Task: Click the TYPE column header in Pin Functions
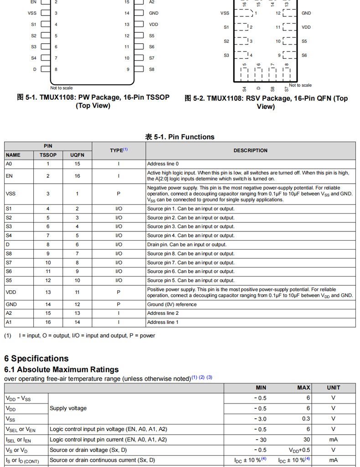[118, 150]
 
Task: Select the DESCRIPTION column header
[250, 150]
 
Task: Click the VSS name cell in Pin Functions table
[11, 194]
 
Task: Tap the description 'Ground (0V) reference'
[172, 304]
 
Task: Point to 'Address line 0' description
[163, 164]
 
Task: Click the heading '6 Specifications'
[36, 359]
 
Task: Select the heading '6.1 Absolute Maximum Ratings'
[62, 369]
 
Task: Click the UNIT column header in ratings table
[333, 388]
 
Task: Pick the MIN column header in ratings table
[261, 388]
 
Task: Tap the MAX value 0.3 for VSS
[306, 419]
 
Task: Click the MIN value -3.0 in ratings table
[260, 419]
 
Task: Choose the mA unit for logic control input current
[333, 440]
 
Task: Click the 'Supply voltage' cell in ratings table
[68, 408]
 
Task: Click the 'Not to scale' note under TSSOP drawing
[62, 88]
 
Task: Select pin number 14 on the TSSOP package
[127, 13]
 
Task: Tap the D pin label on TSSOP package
[35, 69]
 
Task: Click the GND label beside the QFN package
[306, 13]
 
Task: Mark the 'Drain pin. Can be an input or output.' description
[187, 245]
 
